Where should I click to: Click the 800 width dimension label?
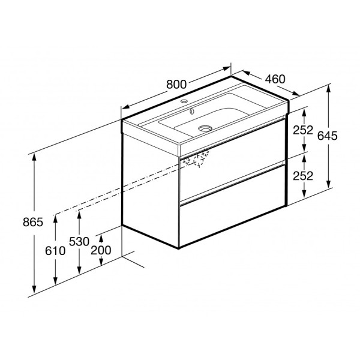click(176, 85)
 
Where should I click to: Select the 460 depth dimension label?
click(275, 78)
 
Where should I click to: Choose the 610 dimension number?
click(55, 250)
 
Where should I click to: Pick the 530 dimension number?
click(79, 241)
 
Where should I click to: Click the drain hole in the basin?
click(206, 127)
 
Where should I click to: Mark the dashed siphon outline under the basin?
click(199, 158)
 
